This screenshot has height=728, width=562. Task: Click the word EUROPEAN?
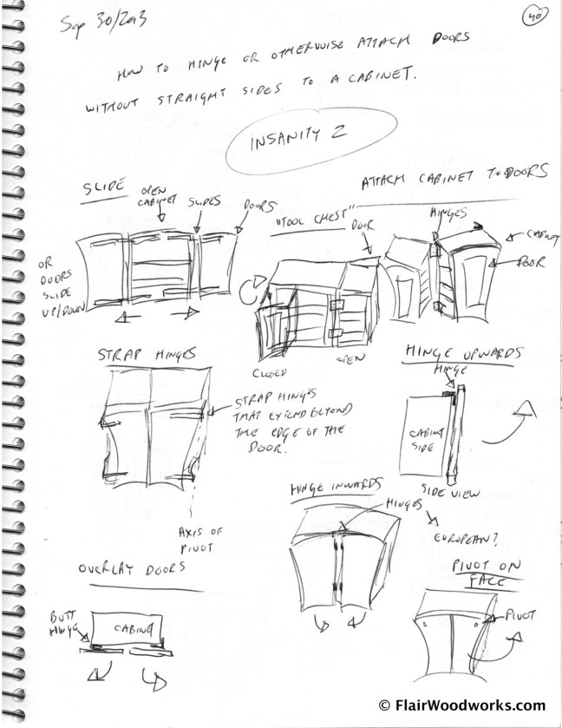467,539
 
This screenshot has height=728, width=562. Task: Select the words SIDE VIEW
445,491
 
